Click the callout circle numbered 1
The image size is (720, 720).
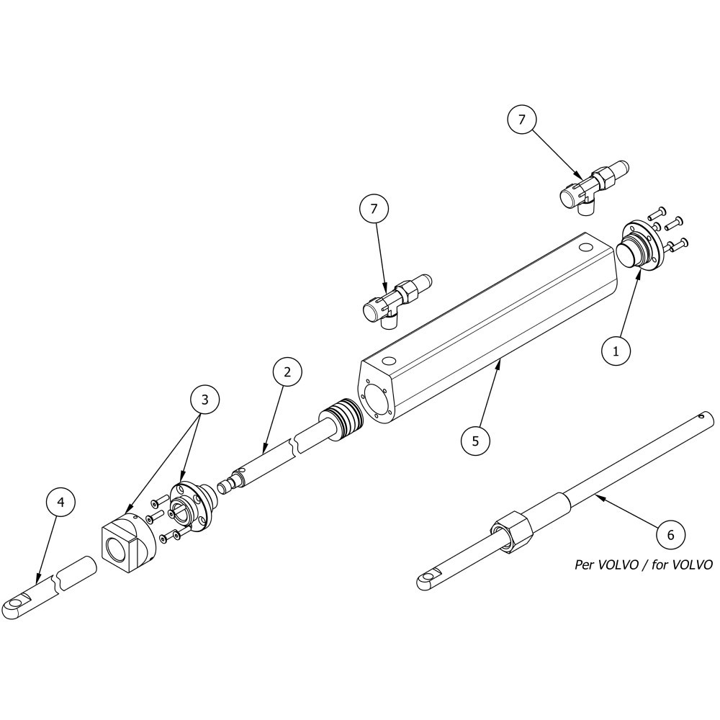[616, 351]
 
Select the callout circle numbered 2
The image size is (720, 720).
[287, 372]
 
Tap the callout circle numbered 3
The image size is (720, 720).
[204, 400]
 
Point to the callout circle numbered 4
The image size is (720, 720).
[60, 503]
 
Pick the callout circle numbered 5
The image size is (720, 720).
[475, 441]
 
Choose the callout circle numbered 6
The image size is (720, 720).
[670, 535]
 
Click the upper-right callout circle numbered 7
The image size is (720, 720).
[521, 120]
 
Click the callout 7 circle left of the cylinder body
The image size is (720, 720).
[374, 209]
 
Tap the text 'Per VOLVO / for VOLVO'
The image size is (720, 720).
[643, 564]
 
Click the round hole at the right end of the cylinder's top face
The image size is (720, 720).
[586, 248]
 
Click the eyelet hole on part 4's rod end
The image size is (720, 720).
[17, 602]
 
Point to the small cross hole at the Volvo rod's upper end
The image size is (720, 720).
[701, 417]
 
